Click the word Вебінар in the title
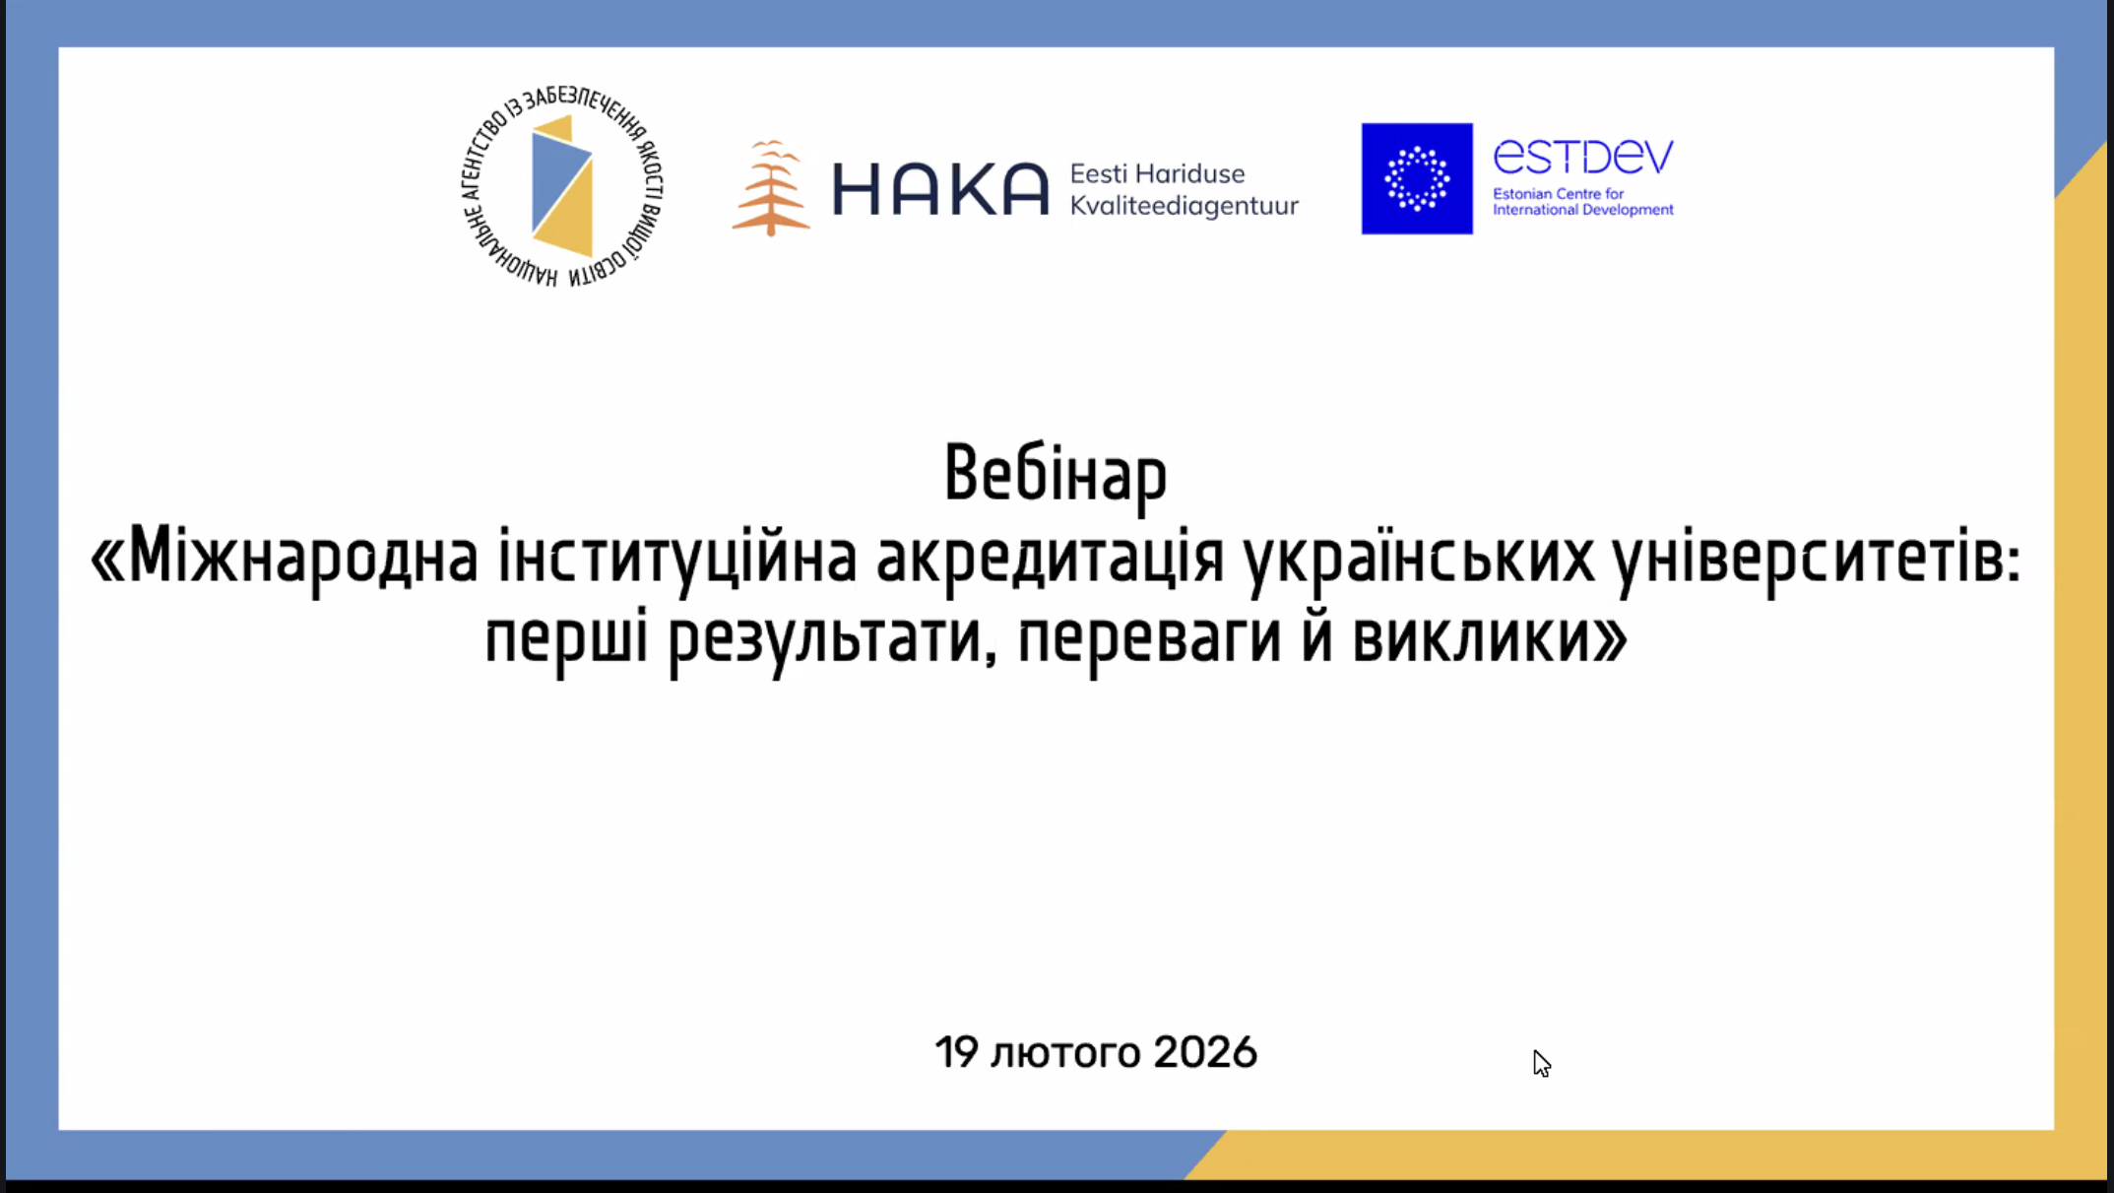pos(1056,474)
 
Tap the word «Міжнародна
pos(285,558)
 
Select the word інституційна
pos(677,558)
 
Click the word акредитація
pos(1050,558)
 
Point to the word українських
pos(1418,558)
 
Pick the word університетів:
pos(1817,558)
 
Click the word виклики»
pos(1490,637)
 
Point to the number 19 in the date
pos(956,1052)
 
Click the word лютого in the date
pos(1065,1053)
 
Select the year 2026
pos(1205,1052)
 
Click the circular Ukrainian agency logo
pos(562,186)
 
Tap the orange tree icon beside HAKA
pos(771,188)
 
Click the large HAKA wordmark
pos(940,188)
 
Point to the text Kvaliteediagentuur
pos(1185,206)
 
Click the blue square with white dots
pos(1417,178)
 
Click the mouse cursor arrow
pos(1542,1064)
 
